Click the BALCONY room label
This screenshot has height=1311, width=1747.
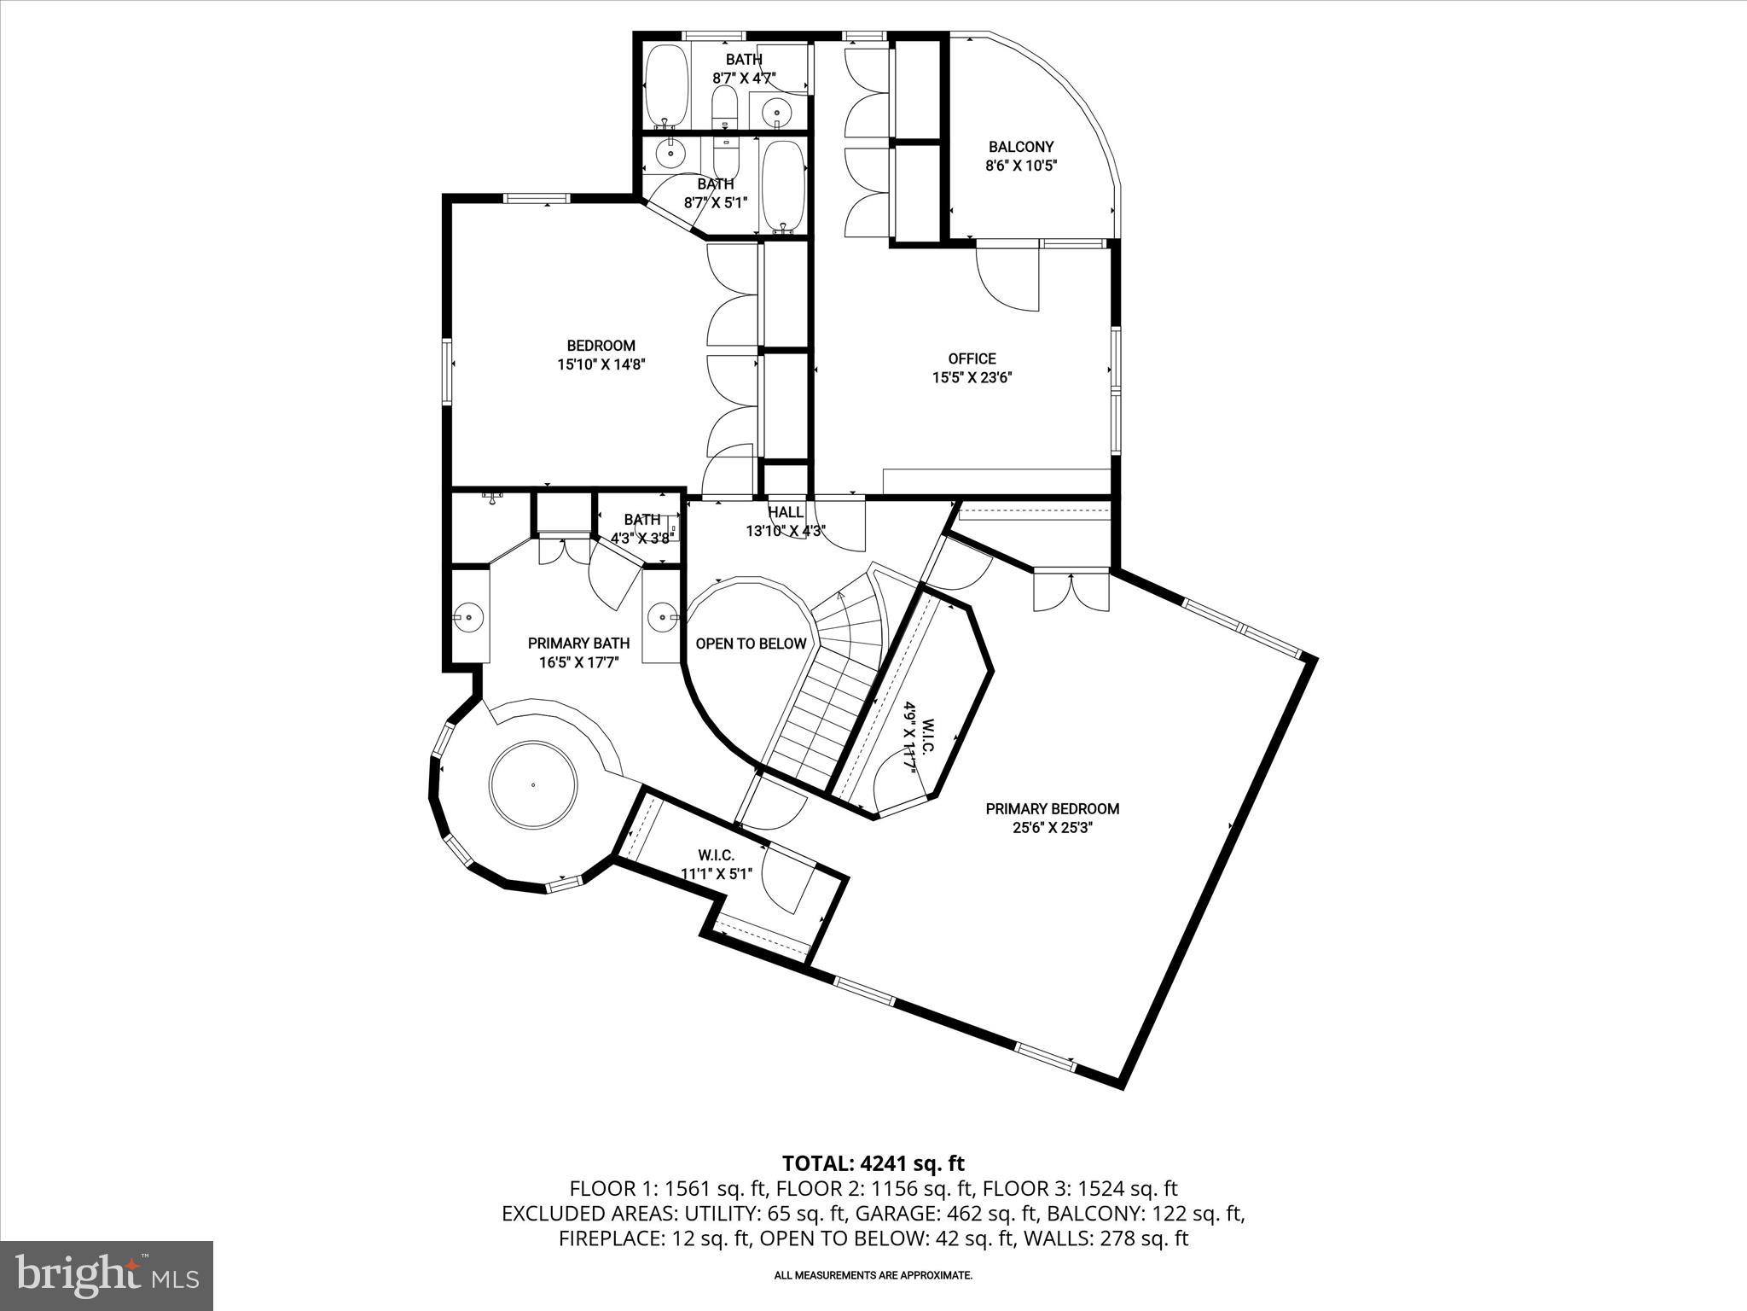1021,147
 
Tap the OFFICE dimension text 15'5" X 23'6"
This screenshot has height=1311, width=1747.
972,377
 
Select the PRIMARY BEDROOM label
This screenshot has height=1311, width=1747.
1052,808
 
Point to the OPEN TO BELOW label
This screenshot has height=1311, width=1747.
751,644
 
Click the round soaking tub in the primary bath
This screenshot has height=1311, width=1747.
534,784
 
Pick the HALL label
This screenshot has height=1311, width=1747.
786,512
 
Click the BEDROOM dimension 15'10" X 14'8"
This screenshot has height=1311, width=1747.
601,364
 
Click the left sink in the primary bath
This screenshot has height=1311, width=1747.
467,615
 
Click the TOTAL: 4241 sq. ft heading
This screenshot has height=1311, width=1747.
873,1162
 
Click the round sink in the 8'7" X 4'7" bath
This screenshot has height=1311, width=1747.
776,109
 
